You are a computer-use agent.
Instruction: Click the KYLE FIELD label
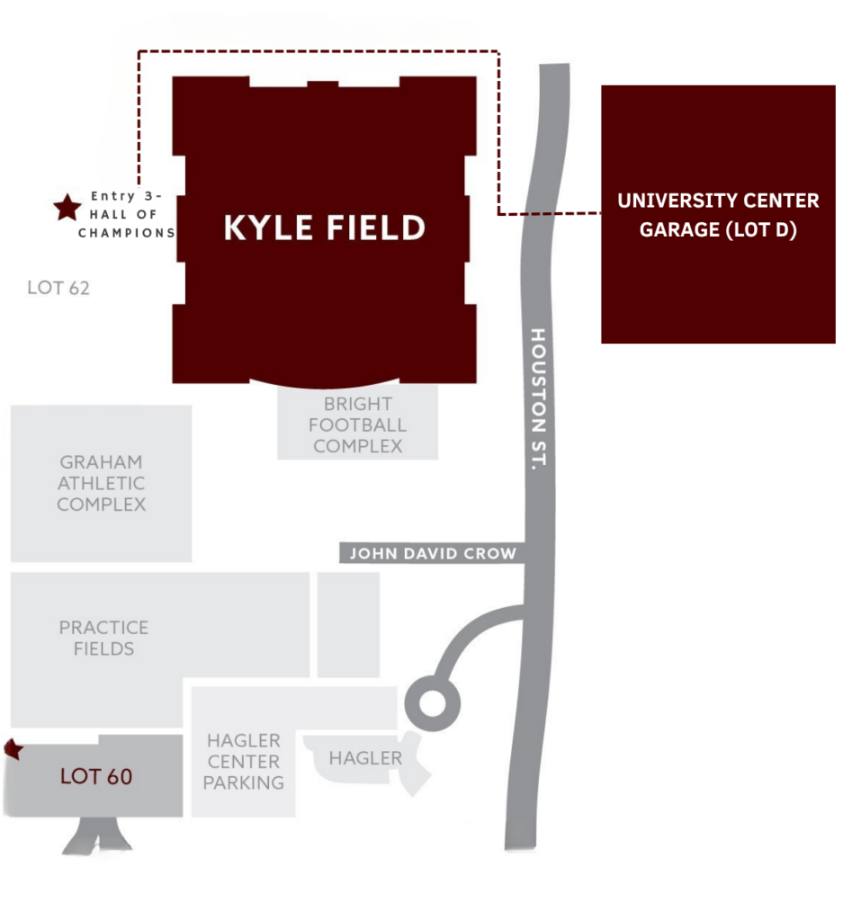coord(325,228)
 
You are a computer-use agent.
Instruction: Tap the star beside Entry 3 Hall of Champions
coord(67,208)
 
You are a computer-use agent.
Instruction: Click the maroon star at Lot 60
coord(13,749)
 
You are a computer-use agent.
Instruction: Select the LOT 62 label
coord(58,288)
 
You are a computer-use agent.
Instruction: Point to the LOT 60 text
coord(95,776)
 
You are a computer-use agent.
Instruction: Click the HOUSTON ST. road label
coord(538,398)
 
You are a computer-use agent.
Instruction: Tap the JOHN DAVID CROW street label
coord(433,553)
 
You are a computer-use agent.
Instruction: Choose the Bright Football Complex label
coord(357,425)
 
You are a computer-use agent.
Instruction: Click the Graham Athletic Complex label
coord(101,483)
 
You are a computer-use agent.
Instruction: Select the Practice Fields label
coord(103,638)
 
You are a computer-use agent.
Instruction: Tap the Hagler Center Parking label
coord(243,761)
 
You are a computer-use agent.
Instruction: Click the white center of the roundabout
coord(433,703)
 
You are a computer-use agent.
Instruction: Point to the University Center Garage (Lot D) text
coord(718,215)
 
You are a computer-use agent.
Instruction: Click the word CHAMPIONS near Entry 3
coord(127,233)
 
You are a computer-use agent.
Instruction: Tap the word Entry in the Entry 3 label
coord(113,195)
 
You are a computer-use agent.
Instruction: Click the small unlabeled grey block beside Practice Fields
coord(348,625)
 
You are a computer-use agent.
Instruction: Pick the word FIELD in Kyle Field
coord(375,228)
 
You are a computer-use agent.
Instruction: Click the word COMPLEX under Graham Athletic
coord(101,504)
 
